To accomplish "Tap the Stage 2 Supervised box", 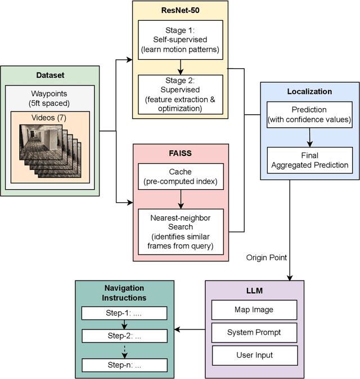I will [180, 94].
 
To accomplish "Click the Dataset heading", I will [50, 74].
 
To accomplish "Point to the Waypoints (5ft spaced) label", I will [50, 98].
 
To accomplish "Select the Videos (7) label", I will [50, 118].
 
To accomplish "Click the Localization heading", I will [309, 91].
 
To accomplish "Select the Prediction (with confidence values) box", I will [309, 114].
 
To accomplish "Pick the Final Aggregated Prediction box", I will [309, 160].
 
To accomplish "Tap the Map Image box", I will [254, 310].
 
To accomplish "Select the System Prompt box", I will [254, 332].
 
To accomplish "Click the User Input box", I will [254, 355].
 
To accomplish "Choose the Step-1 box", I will [124, 313].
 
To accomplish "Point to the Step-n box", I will [124, 364].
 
